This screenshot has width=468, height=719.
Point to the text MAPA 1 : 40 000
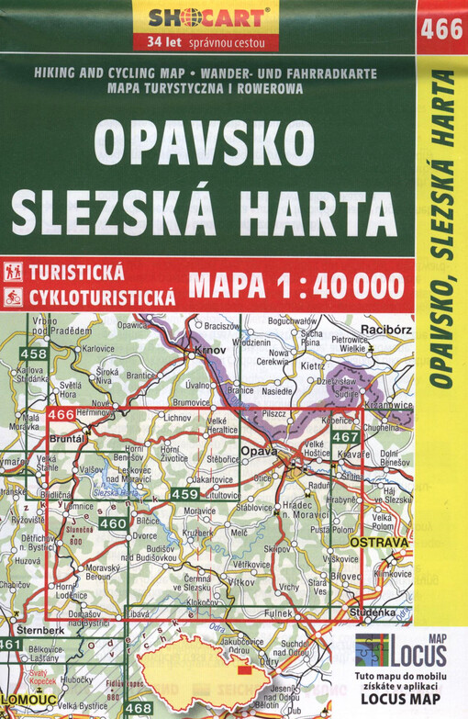coord(295,286)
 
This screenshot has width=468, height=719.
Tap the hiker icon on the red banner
coord(14,272)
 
